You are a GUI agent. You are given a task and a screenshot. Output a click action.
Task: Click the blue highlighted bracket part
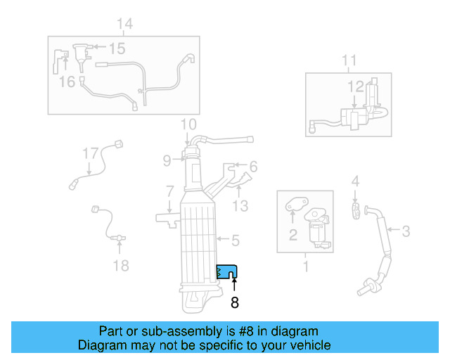(x=226, y=271)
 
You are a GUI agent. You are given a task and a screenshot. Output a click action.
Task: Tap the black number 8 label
(x=234, y=303)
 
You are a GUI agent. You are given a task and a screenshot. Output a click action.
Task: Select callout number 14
(x=124, y=25)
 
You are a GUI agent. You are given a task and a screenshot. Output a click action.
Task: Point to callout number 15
(x=117, y=49)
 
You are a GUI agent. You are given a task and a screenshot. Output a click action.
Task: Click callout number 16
(x=67, y=82)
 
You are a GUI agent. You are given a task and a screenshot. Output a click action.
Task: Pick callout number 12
(x=355, y=86)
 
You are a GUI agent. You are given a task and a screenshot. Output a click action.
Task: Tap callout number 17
(x=90, y=153)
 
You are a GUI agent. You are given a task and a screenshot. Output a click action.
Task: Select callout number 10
(x=187, y=126)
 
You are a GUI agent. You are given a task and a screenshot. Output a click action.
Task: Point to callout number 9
(x=167, y=160)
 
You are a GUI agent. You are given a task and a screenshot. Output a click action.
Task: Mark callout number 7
(x=169, y=191)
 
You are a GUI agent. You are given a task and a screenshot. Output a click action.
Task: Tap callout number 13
(x=241, y=205)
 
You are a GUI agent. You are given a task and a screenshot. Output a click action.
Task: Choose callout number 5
(x=236, y=240)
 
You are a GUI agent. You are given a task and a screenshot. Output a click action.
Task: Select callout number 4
(x=355, y=181)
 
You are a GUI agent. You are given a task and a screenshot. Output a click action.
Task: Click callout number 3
(x=406, y=229)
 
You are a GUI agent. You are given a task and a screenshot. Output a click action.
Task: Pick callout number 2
(x=292, y=235)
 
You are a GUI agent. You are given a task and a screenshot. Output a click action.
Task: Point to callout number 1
(x=306, y=266)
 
